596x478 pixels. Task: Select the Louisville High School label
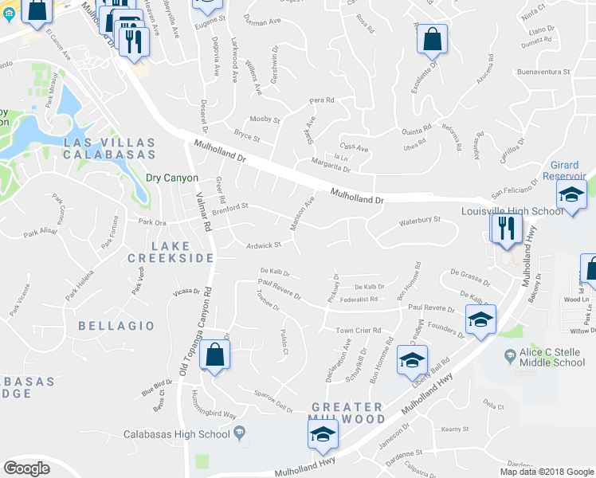[512, 212]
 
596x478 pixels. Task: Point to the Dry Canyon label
[171, 178]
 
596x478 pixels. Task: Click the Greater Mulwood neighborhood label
[348, 413]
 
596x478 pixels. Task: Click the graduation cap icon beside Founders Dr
[480, 319]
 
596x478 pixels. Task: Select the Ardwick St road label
[264, 245]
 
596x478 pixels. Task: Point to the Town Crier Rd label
[358, 330]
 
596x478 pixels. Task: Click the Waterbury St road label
[419, 220]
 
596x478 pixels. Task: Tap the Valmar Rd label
[206, 214]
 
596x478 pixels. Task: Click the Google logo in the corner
[26, 468]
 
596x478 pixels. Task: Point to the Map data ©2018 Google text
[546, 472]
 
